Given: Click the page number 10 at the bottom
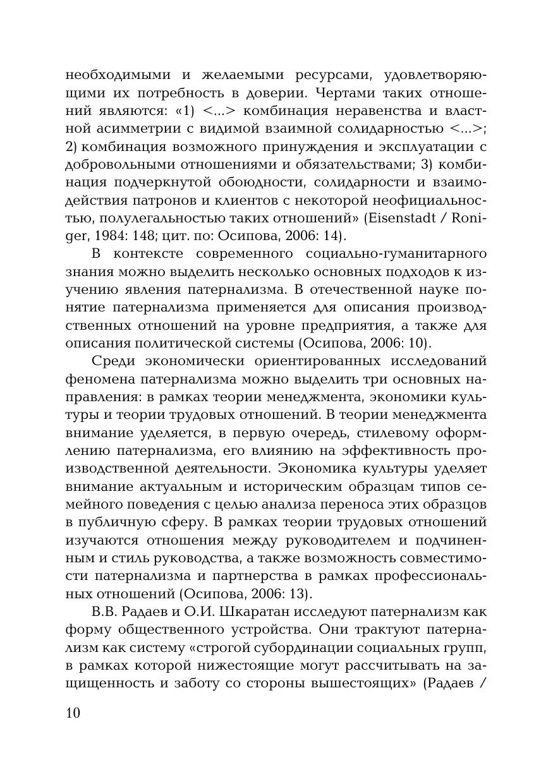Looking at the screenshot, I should (x=73, y=713).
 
